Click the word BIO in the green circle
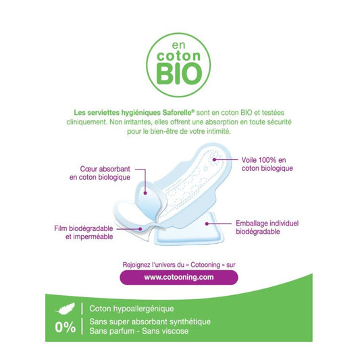pyautogui.click(x=179, y=70)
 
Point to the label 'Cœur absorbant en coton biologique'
pyautogui.click(x=101, y=172)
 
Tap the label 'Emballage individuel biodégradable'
pyautogui.click(x=266, y=226)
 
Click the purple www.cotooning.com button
pyautogui.click(x=179, y=276)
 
